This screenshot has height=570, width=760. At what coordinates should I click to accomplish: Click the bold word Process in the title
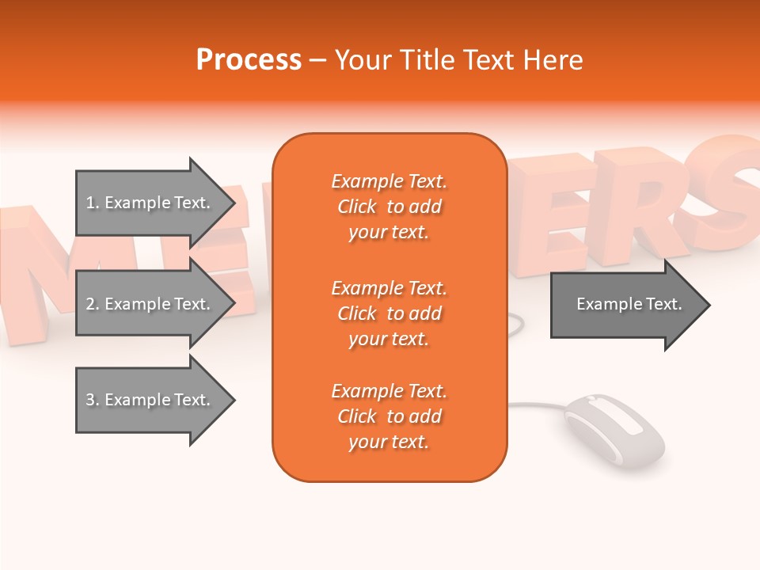coord(249,60)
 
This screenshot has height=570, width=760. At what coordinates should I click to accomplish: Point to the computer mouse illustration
coord(613,431)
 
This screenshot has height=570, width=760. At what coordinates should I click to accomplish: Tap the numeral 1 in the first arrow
coord(90,203)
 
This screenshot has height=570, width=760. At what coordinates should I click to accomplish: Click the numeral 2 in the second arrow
coord(90,304)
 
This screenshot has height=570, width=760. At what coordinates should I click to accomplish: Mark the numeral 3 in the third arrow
coord(90,400)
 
